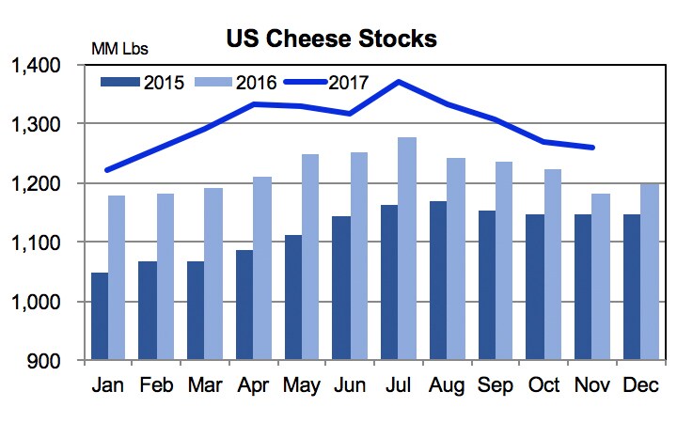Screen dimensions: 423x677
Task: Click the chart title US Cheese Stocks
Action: tap(330, 39)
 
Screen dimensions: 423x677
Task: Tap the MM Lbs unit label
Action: tap(119, 48)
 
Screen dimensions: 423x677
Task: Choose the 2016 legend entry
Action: tap(236, 83)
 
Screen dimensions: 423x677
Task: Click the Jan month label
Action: tap(109, 385)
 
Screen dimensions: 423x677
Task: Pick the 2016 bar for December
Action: tap(650, 272)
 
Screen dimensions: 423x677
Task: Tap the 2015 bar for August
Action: tap(439, 281)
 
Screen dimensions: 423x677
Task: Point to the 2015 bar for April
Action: tap(245, 305)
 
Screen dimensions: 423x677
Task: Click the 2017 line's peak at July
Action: tap(400, 82)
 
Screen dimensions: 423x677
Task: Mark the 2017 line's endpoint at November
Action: tap(592, 148)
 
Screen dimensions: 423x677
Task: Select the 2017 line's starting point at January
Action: tap(107, 170)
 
